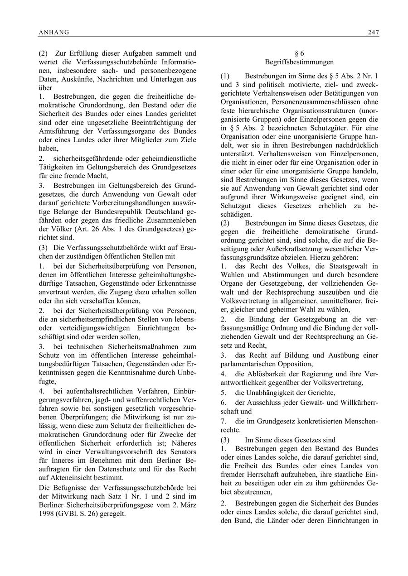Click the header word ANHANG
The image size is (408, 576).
pyautogui.click(x=53, y=32)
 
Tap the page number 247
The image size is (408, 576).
pyautogui.click(x=374, y=32)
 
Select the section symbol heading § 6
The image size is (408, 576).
pyautogui.click(x=299, y=53)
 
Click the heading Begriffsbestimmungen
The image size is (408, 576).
pyautogui.click(x=299, y=62)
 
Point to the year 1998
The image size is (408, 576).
pyautogui.click(x=48, y=514)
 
